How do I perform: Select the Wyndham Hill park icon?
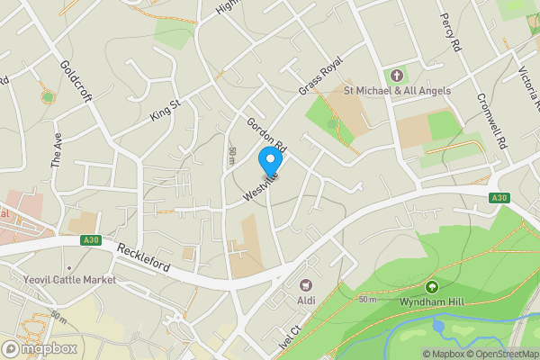coord(431,287)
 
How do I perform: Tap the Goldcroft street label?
coord(76,82)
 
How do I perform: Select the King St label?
coord(166,110)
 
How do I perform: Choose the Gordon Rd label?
coord(266,134)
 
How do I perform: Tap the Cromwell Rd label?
coord(492,121)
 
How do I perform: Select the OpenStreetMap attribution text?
coord(502,354)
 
